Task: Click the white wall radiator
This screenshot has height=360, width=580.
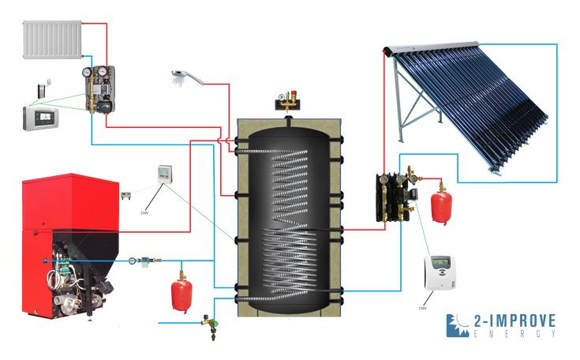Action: click(x=54, y=39)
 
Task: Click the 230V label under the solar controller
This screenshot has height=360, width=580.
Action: click(x=423, y=309)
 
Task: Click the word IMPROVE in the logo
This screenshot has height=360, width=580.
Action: click(x=517, y=321)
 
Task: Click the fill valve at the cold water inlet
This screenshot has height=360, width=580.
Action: click(x=209, y=324)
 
